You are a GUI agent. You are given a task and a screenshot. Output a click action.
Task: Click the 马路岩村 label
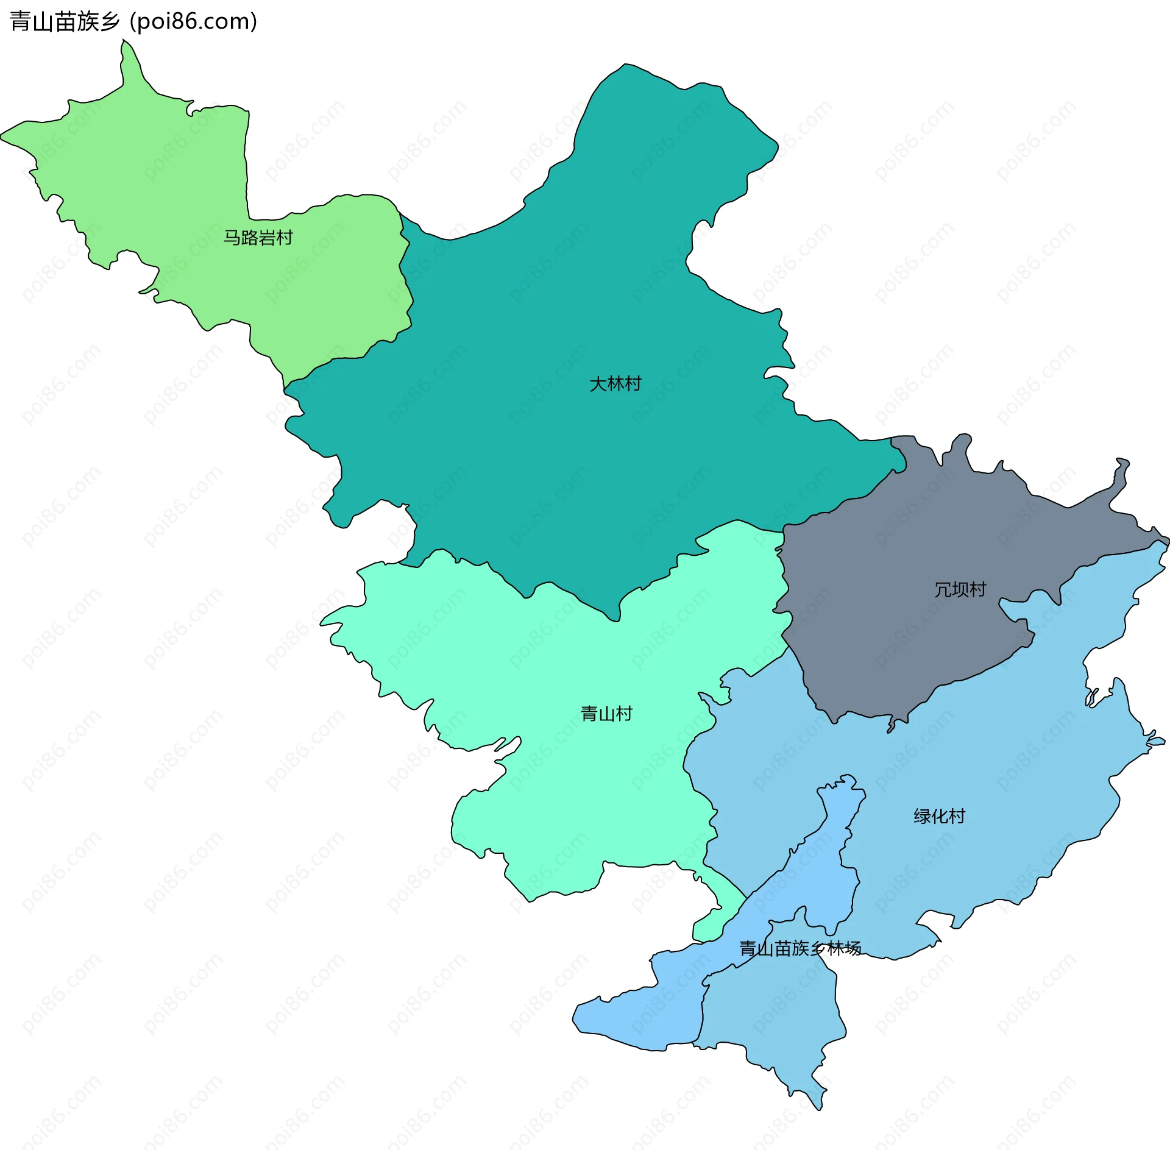pos(258,238)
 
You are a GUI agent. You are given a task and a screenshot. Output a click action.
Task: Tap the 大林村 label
pos(615,384)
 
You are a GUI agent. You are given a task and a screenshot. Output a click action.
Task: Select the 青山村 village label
pos(606,714)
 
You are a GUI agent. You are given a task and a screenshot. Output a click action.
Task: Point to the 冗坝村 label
pos(960,589)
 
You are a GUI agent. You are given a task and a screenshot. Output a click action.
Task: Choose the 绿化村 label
pos(939,816)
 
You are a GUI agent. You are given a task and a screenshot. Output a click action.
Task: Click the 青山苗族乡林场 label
pos(799,948)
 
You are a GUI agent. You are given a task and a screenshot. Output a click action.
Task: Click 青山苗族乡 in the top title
pos(65,21)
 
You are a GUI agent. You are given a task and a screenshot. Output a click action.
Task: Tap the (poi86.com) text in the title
pos(193,21)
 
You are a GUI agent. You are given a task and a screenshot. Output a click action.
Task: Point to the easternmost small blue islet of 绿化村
pos(1155,742)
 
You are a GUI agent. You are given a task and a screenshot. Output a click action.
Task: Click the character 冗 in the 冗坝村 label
pos(943,589)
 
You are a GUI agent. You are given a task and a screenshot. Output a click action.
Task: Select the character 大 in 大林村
pos(598,384)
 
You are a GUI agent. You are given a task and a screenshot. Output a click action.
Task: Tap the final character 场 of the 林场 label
pos(853,948)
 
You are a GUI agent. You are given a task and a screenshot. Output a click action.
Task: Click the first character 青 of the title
pos(20,21)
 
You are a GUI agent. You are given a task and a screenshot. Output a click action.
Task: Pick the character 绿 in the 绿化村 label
pos(922,816)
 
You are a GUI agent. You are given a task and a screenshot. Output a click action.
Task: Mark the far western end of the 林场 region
pos(576,1017)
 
